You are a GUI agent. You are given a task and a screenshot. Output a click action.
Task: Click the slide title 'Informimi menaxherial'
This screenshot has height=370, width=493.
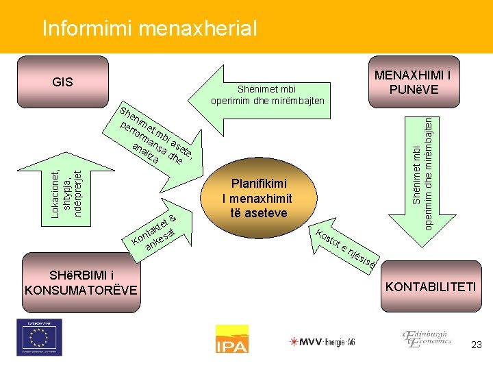click(x=149, y=28)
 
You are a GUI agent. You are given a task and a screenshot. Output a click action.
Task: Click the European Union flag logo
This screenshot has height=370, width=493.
click(x=40, y=337)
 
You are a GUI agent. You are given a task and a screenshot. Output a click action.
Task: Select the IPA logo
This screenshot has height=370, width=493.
click(x=231, y=339)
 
